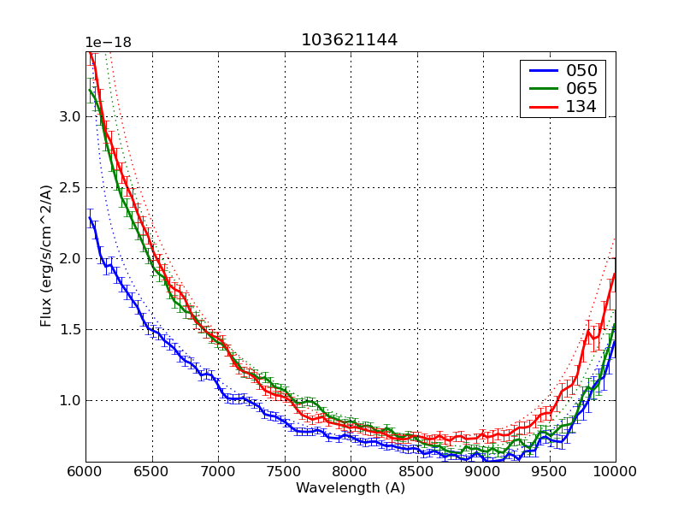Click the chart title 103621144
(349, 40)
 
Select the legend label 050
(581, 70)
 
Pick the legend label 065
(581, 89)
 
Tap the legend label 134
(581, 108)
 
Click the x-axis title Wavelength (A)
(351, 488)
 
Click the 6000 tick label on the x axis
(85, 471)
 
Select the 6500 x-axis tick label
(152, 471)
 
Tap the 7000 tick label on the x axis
(218, 471)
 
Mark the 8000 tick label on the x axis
(351, 471)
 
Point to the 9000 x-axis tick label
(483, 471)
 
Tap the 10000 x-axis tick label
(616, 471)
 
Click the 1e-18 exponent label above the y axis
(108, 43)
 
